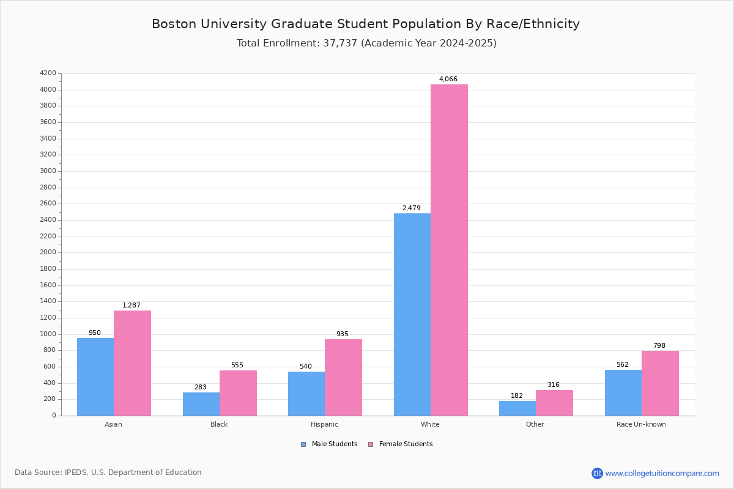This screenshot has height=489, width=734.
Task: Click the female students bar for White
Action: pos(449,250)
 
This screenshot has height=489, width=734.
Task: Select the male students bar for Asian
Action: pos(95,377)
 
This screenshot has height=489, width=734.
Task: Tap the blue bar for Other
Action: pos(517,408)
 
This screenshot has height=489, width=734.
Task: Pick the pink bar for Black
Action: pos(238,393)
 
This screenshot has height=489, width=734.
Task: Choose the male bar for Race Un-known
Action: pos(623,392)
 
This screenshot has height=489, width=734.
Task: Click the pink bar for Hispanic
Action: pos(343,378)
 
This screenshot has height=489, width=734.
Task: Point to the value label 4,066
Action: pos(448,79)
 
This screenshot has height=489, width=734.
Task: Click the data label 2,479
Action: pos(412,208)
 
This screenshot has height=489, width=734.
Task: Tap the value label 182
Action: pos(517,395)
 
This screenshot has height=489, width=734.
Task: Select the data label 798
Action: pos(659,345)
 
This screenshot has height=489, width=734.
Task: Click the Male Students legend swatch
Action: pos(303,444)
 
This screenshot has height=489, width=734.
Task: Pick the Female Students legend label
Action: pos(406,444)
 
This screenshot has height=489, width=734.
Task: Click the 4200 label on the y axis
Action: pos(48,73)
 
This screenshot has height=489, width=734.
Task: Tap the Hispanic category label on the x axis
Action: pos(324,424)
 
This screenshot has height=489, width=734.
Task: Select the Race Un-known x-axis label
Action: pos(641,424)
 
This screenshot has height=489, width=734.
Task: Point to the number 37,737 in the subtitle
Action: pos(340,43)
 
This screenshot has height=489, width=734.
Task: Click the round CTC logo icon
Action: pos(597,473)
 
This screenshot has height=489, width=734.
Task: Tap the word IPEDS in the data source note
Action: pos(76,472)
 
